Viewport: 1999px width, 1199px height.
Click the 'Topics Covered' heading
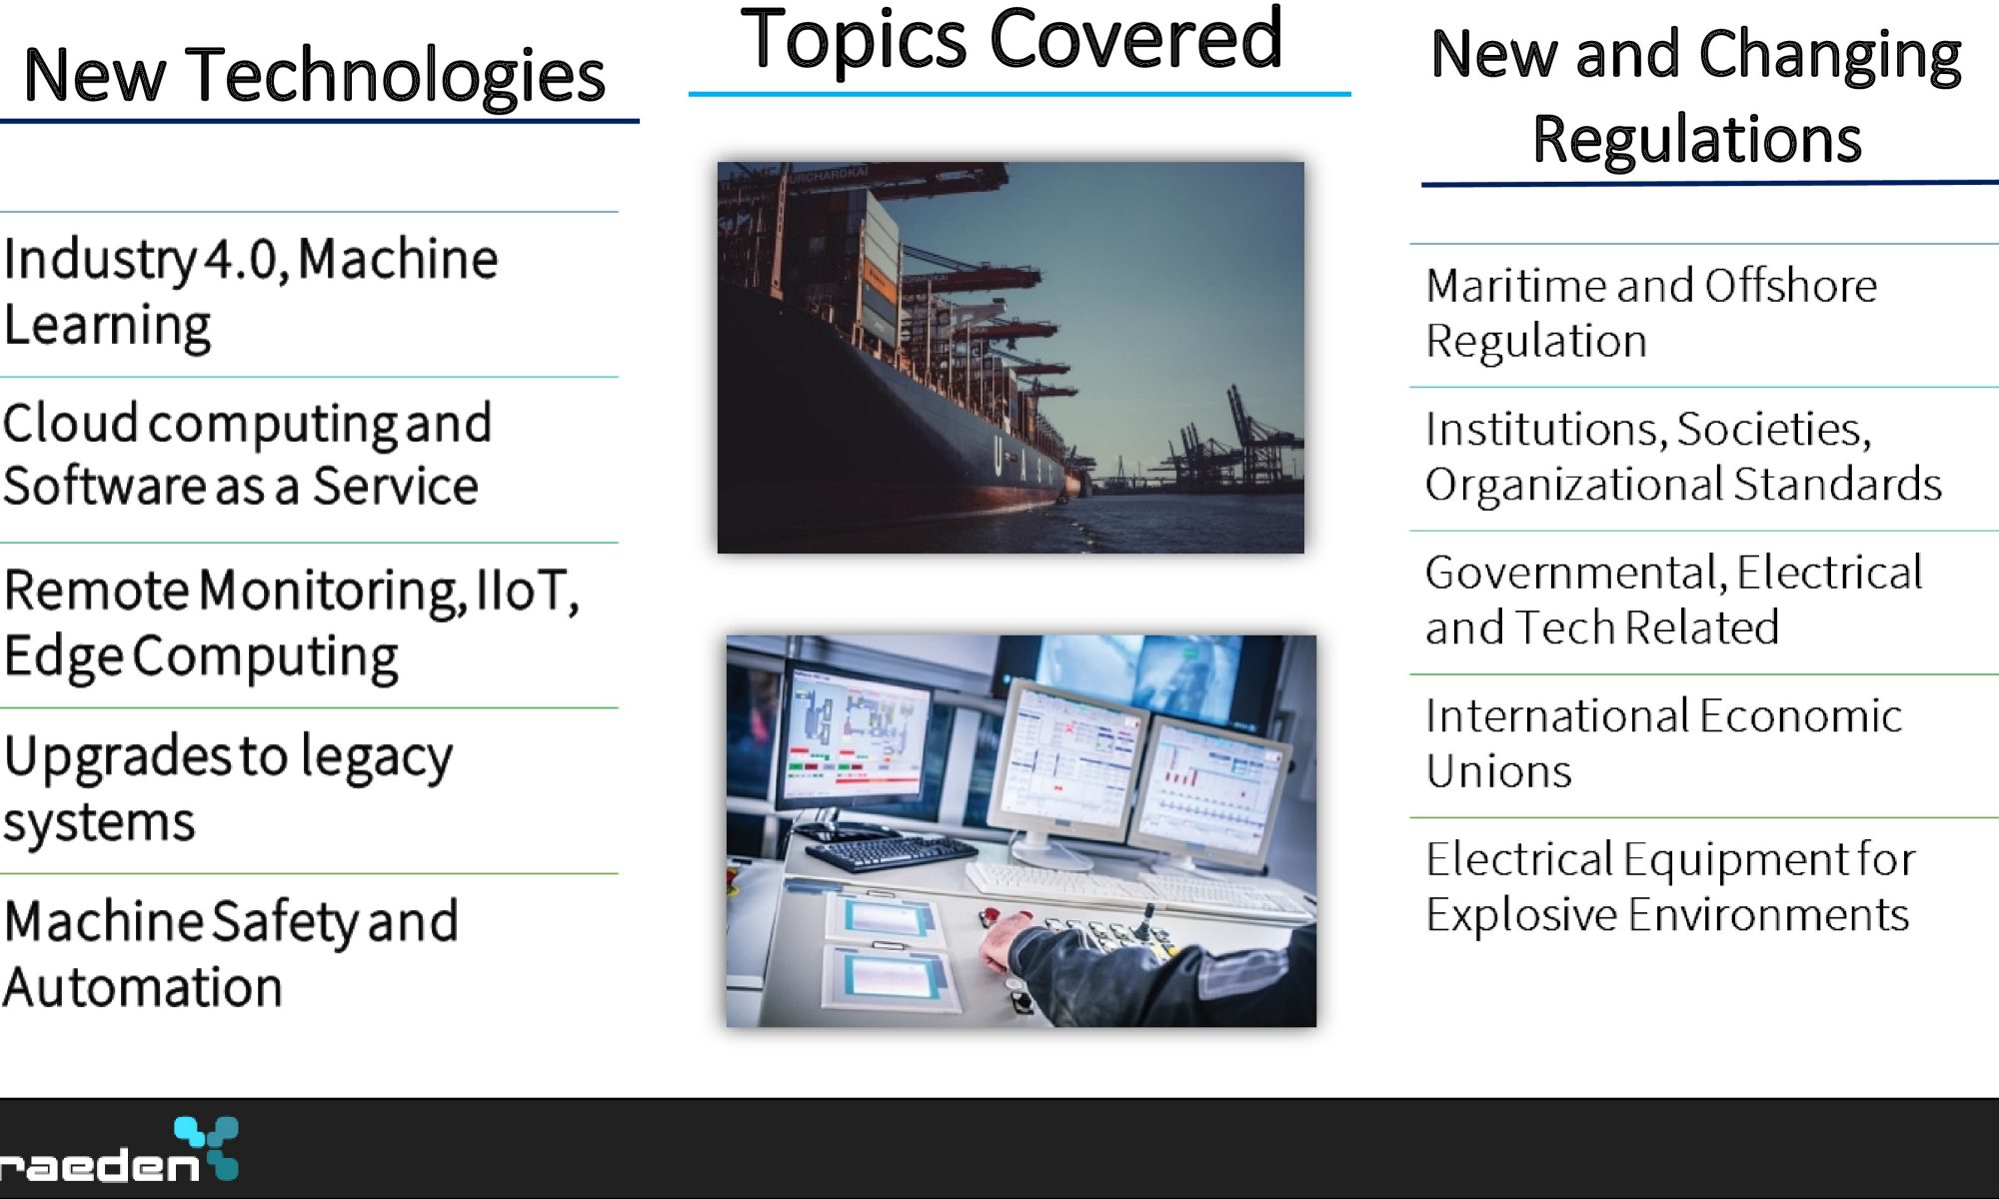(1010, 40)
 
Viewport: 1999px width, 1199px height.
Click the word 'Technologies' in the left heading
(396, 76)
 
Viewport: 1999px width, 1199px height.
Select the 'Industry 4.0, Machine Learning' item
(250, 292)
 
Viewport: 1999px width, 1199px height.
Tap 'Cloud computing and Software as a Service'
(247, 456)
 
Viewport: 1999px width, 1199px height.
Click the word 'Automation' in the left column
(143, 987)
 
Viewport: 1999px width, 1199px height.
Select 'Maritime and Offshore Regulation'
(1651, 313)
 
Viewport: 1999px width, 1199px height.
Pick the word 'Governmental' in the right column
(1576, 574)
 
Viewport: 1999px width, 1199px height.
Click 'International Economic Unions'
(1663, 743)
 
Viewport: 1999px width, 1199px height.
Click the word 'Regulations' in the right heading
(1697, 138)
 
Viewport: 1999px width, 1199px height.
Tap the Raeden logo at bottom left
(118, 1151)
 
